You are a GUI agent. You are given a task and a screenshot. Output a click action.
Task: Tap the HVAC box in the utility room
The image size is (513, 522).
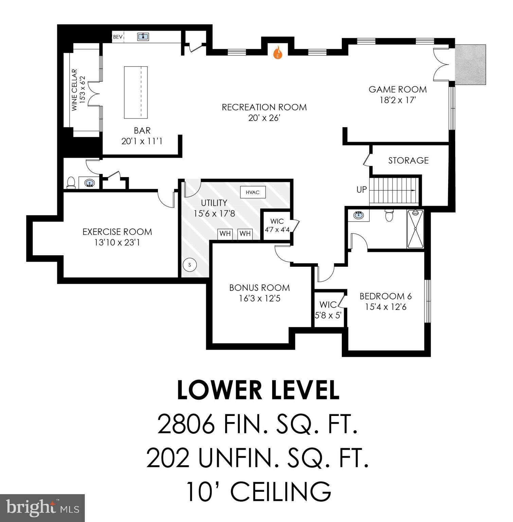pos(252,192)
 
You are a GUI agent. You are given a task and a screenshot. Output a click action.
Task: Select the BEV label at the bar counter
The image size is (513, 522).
pos(118,37)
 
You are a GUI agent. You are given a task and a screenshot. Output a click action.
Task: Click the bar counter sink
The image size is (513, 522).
pos(143,36)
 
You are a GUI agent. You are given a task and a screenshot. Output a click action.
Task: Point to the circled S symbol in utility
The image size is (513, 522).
pos(190,265)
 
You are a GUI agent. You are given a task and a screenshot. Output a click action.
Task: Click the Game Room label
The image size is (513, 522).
pos(397,89)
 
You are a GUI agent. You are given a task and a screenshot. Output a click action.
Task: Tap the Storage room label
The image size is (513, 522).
pos(408,160)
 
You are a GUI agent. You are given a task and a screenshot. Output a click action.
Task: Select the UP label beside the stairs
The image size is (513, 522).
pos(361,190)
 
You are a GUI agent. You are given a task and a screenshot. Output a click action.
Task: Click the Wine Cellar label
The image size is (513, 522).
pos(74,90)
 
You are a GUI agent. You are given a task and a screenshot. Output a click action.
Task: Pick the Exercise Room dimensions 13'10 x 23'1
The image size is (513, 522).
pos(117,243)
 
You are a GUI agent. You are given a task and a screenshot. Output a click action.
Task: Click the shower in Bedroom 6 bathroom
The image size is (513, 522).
pos(415,229)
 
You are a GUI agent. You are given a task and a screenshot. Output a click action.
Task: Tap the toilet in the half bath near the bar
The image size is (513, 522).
pos(71,182)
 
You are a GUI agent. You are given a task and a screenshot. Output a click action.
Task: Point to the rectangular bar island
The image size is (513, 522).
pos(136,92)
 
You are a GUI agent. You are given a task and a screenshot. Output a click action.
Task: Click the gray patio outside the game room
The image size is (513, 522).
pos(470,65)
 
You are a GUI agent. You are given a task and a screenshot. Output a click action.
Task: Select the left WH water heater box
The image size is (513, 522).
pos(225,233)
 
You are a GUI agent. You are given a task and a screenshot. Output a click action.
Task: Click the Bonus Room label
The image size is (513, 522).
pos(260,288)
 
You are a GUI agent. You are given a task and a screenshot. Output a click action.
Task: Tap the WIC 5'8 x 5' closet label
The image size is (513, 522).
pos(328,310)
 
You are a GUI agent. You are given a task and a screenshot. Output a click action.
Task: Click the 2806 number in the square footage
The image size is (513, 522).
pos(186,424)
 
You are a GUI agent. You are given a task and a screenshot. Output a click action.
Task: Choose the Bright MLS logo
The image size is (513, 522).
pos(42,508)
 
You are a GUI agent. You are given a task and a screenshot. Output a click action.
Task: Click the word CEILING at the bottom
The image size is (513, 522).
pos(281,491)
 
